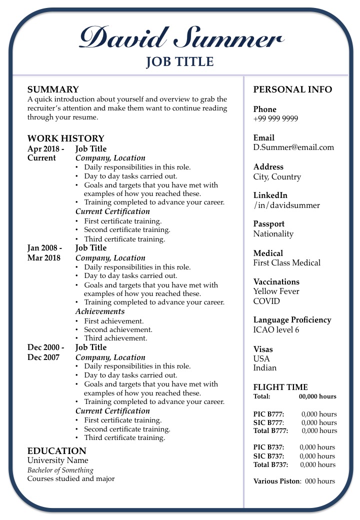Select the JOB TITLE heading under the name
tap(179, 62)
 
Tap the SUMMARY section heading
tap(53, 90)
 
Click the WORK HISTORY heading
tap(65, 138)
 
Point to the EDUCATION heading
tap(56, 451)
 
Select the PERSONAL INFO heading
tap(292, 90)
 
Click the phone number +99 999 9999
tap(275, 119)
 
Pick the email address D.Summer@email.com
tap(293, 147)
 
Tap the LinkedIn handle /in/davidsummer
tap(286, 205)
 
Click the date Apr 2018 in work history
tap(45, 149)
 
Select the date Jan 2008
tap(44, 248)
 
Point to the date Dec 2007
tap(43, 357)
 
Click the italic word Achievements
tap(100, 311)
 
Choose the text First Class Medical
tap(287, 263)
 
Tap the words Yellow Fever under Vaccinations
tap(276, 291)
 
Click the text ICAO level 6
tap(276, 330)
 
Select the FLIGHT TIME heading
tap(280, 387)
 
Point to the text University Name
tap(57, 460)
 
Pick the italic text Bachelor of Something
tap(60, 470)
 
